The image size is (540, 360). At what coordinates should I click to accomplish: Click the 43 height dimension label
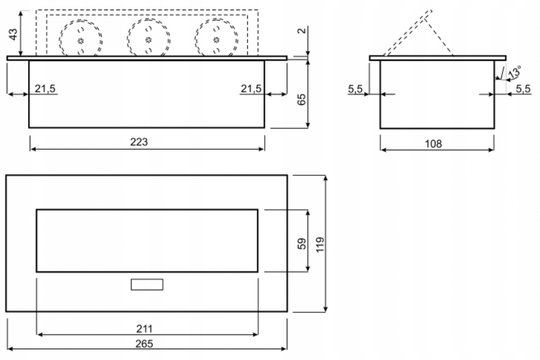point(13,34)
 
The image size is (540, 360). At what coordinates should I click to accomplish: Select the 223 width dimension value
point(139,142)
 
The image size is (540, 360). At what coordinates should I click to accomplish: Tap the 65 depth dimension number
point(302,100)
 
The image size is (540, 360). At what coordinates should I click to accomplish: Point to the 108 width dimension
point(433,144)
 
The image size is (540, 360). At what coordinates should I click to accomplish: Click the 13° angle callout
point(514,72)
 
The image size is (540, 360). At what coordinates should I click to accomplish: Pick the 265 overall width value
point(144,344)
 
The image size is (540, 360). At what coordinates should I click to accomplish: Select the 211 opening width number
point(144,328)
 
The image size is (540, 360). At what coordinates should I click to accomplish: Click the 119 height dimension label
point(320,244)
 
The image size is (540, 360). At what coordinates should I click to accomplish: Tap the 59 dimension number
point(302,244)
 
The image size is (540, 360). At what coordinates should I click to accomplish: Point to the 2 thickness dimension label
point(302,30)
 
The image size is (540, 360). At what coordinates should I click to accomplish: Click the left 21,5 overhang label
point(45,89)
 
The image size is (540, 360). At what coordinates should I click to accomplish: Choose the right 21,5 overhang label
point(251,89)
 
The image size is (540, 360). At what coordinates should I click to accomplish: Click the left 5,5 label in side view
point(355,89)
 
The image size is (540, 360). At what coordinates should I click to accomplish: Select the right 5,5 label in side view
point(523,89)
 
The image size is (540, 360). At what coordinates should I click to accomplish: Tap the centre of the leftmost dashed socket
point(80,41)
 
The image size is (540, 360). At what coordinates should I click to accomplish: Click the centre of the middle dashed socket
point(148,39)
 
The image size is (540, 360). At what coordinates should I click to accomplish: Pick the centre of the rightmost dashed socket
point(216,39)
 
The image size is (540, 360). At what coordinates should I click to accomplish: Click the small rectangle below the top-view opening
point(147,284)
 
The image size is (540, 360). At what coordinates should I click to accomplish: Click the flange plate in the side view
point(437,58)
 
